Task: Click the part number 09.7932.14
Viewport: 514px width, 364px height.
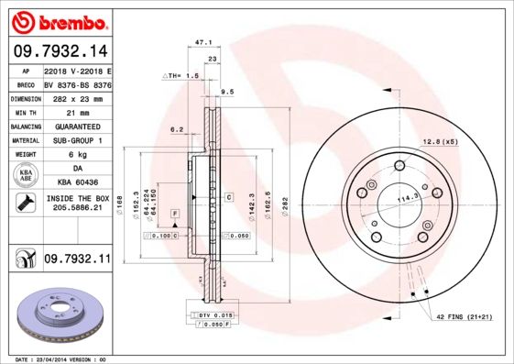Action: [x=60, y=51]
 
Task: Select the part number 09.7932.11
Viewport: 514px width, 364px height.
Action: [x=77, y=260]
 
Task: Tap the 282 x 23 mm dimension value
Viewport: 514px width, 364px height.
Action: [x=77, y=97]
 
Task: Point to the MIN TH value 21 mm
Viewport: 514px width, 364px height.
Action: [x=77, y=111]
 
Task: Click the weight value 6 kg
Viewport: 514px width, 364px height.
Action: [x=77, y=154]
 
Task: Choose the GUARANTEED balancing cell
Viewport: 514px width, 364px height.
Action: [x=77, y=126]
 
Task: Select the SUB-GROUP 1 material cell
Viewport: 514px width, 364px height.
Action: [x=77, y=140]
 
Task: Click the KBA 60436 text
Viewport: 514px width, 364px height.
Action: [x=77, y=182]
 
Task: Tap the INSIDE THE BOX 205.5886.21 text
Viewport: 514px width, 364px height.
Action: [x=77, y=204]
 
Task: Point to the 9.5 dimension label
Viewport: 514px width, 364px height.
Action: [x=227, y=92]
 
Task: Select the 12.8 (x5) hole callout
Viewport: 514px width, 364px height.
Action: [x=441, y=141]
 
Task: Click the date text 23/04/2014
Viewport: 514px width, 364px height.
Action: [x=61, y=359]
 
